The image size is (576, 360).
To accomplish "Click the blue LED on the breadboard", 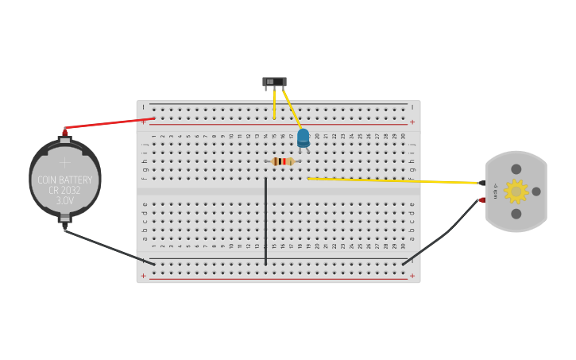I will coord(303,138).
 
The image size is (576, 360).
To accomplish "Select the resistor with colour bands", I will coord(282,161).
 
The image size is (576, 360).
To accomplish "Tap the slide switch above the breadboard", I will coord(274,82).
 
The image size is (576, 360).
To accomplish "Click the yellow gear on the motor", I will coord(516,192).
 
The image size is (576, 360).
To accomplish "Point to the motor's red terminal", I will coord(482,200).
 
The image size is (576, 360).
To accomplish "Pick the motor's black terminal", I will coord(482,184).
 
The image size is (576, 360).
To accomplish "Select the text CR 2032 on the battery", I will coord(65,191).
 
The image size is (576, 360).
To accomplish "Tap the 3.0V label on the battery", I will coord(65,202).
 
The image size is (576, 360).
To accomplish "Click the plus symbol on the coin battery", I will coord(65,162).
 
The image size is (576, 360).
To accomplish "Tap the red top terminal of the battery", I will coord(64,132).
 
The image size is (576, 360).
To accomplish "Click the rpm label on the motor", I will coord(496,191).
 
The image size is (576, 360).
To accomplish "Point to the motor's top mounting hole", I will coord(516,169).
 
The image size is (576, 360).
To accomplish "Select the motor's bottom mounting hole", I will coord(516,214).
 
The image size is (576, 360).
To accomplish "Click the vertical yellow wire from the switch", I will coord(274,103).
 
